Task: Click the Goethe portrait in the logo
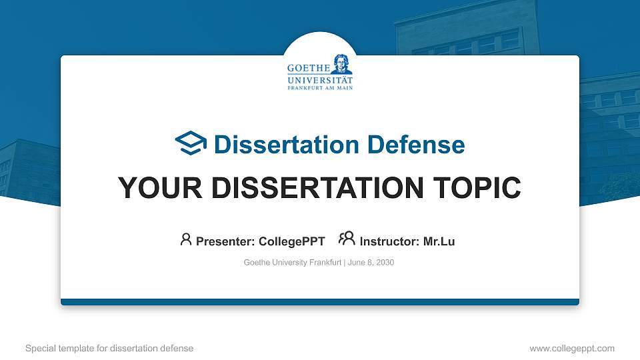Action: coord(342,63)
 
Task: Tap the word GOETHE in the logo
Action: coord(307,69)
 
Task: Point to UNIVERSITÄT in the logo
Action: coord(320,79)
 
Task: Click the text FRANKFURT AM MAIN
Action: coord(320,87)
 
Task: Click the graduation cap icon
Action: coord(191,143)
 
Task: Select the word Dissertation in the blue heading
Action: coord(279,145)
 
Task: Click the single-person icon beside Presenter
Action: coord(186,239)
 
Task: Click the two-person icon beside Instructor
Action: coord(347,239)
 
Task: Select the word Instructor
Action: coord(389,241)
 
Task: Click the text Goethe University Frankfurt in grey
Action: coord(293,263)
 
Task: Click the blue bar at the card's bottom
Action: coord(320,302)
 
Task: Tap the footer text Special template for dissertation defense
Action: coord(109,348)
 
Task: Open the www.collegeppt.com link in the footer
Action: coord(571,348)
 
